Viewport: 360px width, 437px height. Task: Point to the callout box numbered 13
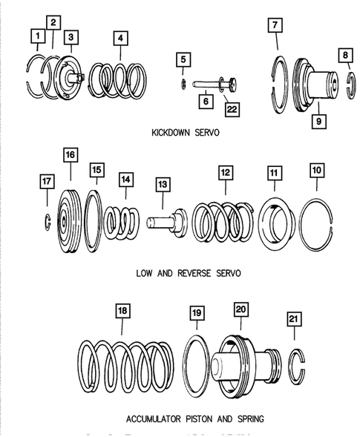click(x=161, y=184)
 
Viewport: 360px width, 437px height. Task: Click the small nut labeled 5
click(x=183, y=82)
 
